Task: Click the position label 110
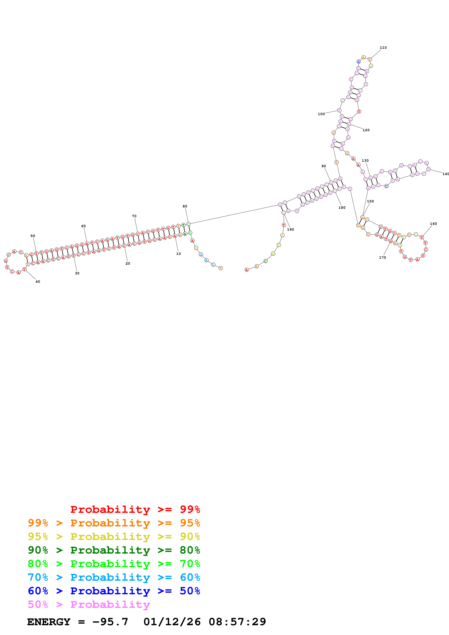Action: pos(383,48)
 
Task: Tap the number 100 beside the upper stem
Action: pos(321,114)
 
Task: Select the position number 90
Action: pos(323,166)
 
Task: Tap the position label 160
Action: pos(433,224)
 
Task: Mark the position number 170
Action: pos(382,257)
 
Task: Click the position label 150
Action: pos(370,201)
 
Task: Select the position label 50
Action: pos(33,236)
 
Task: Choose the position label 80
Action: pos(185,206)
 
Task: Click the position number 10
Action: pos(178,254)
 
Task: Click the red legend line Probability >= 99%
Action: pos(135,509)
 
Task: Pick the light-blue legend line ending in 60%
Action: pos(114,577)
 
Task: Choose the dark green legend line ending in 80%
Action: pos(114,550)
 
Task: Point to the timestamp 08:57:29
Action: pos(237,622)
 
